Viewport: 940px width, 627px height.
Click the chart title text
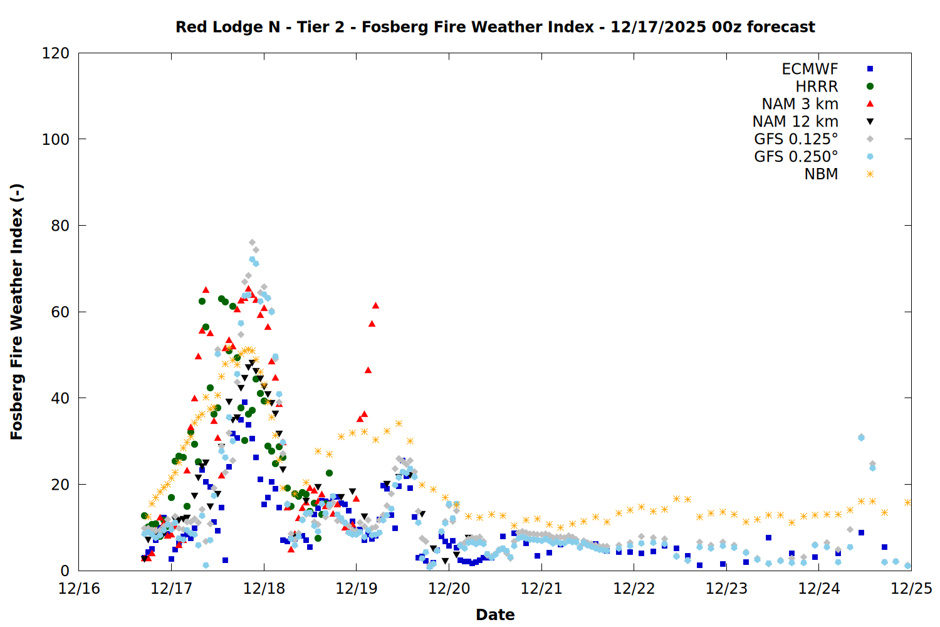495,27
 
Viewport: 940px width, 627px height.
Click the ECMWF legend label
810,69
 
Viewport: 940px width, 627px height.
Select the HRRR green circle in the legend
870,87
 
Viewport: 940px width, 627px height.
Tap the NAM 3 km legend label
800,104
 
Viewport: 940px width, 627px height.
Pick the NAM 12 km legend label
795,122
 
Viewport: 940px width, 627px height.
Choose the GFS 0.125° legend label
796,139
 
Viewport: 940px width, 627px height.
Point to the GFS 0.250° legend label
796,157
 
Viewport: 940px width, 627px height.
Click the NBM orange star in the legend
870,174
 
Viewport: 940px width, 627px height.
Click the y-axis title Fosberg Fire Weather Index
16,312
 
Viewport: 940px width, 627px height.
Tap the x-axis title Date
495,614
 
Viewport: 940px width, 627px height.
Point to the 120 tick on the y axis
56,53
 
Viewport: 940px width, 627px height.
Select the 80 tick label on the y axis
60,226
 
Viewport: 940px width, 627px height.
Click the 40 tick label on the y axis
60,398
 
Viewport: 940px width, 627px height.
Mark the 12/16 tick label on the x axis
79,588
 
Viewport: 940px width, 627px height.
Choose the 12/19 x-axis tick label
357,588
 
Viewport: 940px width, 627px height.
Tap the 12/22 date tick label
634,588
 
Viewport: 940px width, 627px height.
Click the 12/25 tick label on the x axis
911,588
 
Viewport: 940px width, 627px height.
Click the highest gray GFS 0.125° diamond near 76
252,242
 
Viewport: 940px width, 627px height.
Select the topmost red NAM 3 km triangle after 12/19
375,305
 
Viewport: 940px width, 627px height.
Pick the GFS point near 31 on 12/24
861,437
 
